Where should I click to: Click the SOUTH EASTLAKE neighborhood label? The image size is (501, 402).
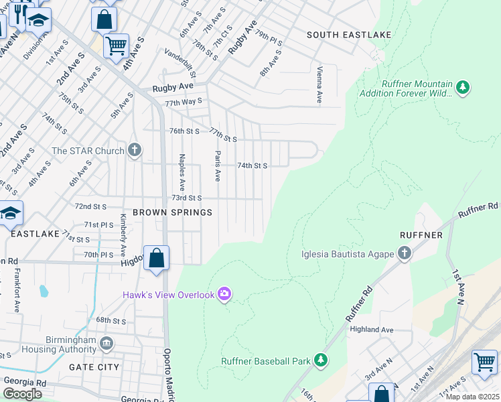click(348, 34)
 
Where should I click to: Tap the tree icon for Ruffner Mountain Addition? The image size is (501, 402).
click(462, 87)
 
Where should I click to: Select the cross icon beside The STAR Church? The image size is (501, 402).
click(135, 150)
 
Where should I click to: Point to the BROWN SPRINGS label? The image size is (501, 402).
click(172, 212)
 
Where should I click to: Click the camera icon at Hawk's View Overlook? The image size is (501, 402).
click(224, 294)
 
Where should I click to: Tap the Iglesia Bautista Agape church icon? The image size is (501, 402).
click(404, 253)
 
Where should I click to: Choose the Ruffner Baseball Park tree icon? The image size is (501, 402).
click(321, 360)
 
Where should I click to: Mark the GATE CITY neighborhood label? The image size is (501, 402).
click(94, 366)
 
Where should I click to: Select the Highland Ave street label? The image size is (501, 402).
click(370, 330)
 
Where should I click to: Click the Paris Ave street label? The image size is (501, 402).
click(218, 165)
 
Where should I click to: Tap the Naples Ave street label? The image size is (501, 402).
click(182, 170)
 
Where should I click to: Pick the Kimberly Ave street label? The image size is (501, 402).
click(123, 236)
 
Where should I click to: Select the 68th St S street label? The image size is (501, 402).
click(111, 321)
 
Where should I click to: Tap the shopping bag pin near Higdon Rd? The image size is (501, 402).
click(156, 258)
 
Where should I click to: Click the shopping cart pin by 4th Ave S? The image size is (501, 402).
click(117, 46)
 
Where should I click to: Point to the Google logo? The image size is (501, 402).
click(22, 394)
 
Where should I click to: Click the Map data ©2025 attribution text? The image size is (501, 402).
click(472, 397)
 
